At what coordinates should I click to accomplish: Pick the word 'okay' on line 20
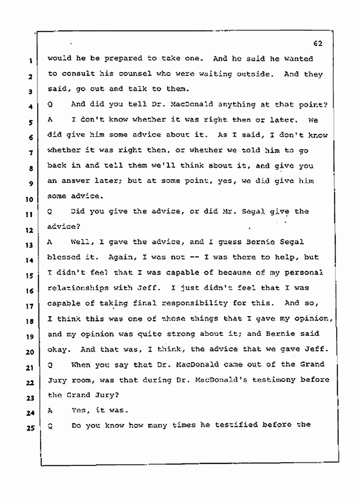pyautogui.click(x=57, y=349)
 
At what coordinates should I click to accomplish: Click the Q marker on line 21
pyautogui.click(x=50, y=364)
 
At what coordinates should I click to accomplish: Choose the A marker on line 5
pyautogui.click(x=50, y=120)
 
